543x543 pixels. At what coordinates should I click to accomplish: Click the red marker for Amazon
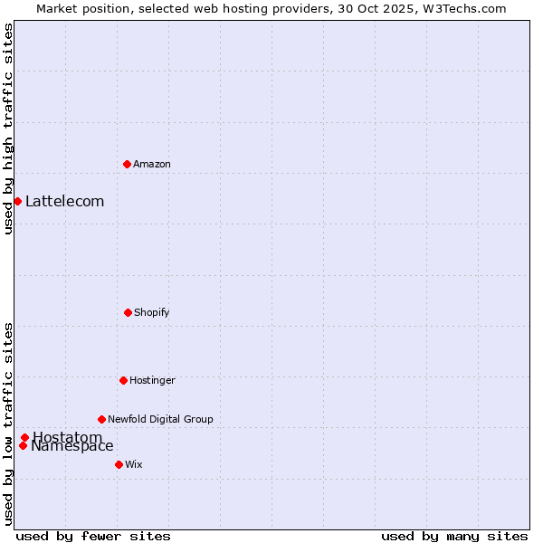pyautogui.click(x=127, y=164)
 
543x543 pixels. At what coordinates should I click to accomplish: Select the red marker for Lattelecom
pyautogui.click(x=17, y=201)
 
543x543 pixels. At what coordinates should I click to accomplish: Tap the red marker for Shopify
pyautogui.click(x=128, y=312)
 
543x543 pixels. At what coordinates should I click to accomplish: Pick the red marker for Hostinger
pyautogui.click(x=123, y=380)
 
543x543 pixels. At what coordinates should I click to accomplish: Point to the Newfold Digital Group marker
pyautogui.click(x=101, y=419)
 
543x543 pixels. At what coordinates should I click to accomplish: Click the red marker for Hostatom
pyautogui.click(x=25, y=438)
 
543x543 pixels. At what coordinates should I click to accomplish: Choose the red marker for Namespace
pyautogui.click(x=23, y=445)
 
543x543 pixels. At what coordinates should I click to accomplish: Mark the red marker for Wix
pyautogui.click(x=119, y=464)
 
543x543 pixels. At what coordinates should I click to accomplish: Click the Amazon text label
pyautogui.click(x=152, y=164)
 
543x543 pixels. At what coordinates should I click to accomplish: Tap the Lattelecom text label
pyautogui.click(x=65, y=201)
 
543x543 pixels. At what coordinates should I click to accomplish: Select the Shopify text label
pyautogui.click(x=152, y=312)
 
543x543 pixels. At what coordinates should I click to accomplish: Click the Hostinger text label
pyautogui.click(x=152, y=380)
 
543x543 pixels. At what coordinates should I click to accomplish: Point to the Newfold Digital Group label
pyautogui.click(x=160, y=419)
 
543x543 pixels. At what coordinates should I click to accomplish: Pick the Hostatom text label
pyautogui.click(x=68, y=437)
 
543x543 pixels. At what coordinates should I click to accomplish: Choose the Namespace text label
pyautogui.click(x=72, y=445)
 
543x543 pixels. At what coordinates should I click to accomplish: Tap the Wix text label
pyautogui.click(x=134, y=464)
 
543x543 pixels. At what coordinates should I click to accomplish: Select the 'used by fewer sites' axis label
pyautogui.click(x=93, y=536)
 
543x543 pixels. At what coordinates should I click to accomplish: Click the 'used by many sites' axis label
pyautogui.click(x=454, y=536)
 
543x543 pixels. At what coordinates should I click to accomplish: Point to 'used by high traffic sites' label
pyautogui.click(x=8, y=129)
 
